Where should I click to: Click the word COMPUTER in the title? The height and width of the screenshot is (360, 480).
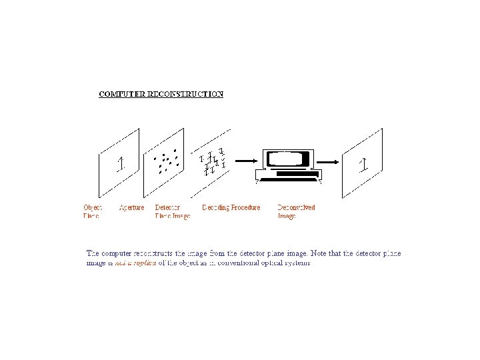click(x=119, y=94)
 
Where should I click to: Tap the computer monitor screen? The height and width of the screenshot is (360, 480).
click(x=288, y=159)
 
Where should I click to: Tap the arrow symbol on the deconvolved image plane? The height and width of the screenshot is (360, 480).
click(x=363, y=164)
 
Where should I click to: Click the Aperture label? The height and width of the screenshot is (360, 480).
click(x=131, y=207)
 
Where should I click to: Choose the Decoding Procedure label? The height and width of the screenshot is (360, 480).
click(x=231, y=207)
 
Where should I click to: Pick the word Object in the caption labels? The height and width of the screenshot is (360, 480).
click(x=93, y=207)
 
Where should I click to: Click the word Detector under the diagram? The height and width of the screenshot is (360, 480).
click(x=167, y=207)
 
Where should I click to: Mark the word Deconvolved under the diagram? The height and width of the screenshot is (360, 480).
click(x=296, y=207)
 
